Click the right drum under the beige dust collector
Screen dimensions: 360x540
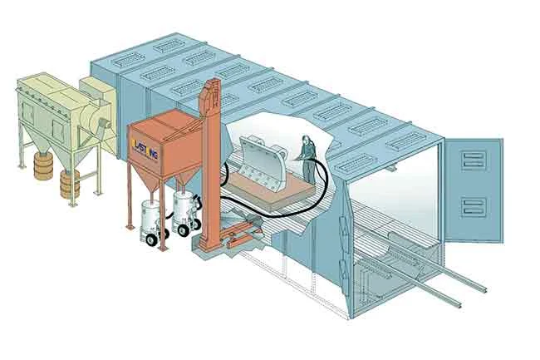(70, 185)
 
